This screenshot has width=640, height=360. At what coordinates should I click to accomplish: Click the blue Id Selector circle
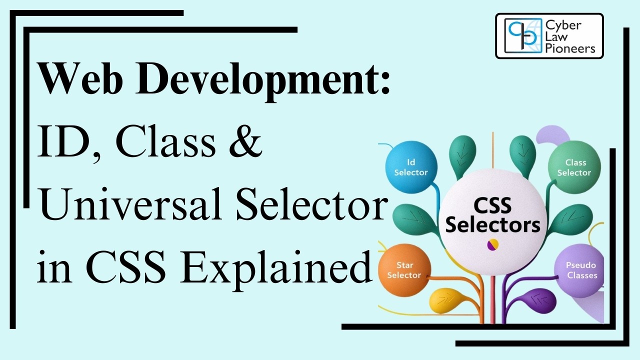click(x=411, y=167)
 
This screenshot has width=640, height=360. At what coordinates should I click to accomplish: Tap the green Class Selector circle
click(x=574, y=167)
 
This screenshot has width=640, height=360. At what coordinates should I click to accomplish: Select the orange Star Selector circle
click(x=404, y=270)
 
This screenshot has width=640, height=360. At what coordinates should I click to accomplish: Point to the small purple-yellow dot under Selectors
click(x=492, y=244)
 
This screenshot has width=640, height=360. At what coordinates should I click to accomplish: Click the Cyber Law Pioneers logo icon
click(x=522, y=35)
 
